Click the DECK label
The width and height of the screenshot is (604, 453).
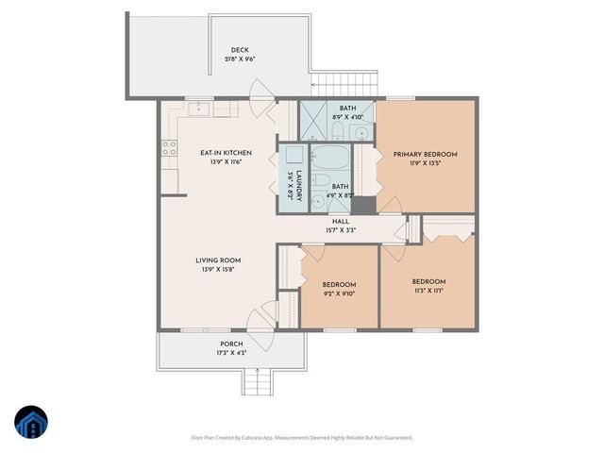point(240,50)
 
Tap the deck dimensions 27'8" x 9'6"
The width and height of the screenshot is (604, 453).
point(240,59)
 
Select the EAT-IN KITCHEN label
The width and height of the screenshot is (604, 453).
point(225,153)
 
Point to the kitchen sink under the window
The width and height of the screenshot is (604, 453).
point(199,110)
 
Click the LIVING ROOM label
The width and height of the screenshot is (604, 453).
point(219,260)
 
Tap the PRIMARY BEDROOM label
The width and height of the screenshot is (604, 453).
point(426,154)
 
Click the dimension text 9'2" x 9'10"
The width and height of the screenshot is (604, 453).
point(339,294)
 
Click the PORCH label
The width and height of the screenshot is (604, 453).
point(232,344)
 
